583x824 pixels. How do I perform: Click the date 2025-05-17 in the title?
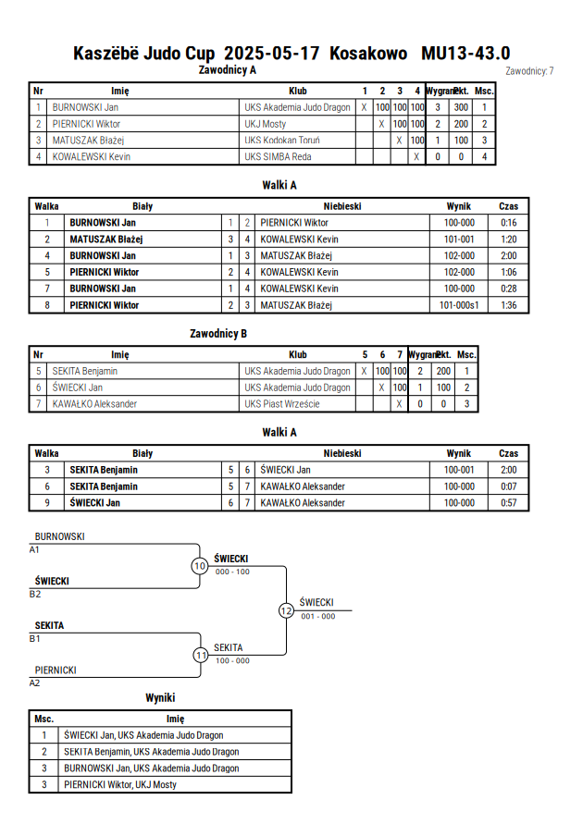(271, 53)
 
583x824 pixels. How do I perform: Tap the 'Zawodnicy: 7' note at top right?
(529, 71)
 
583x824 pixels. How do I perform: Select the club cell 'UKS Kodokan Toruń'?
(282, 141)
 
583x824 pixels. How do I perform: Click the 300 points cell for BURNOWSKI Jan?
(461, 107)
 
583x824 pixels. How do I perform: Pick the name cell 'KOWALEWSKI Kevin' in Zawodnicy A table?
(92, 156)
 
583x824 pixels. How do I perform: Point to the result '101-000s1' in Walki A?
(459, 305)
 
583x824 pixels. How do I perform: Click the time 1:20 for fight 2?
(508, 240)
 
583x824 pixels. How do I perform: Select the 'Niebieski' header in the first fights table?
(342, 206)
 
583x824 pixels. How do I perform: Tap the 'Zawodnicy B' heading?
(218, 334)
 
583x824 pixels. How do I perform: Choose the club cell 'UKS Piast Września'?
(282, 404)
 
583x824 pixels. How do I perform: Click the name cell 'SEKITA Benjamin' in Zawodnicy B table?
(84, 371)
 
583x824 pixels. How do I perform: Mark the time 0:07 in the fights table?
(508, 486)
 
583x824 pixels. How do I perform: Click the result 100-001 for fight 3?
(459, 470)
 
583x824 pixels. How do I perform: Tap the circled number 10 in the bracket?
(200, 566)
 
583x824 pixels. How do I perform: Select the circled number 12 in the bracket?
(286, 610)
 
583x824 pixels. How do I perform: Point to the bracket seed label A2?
(34, 683)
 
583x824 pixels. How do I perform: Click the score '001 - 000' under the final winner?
(318, 617)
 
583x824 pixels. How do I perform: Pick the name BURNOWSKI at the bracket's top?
(59, 536)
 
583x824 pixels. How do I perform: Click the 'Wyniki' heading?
(160, 698)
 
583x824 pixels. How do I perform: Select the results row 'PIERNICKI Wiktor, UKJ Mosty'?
(120, 784)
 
